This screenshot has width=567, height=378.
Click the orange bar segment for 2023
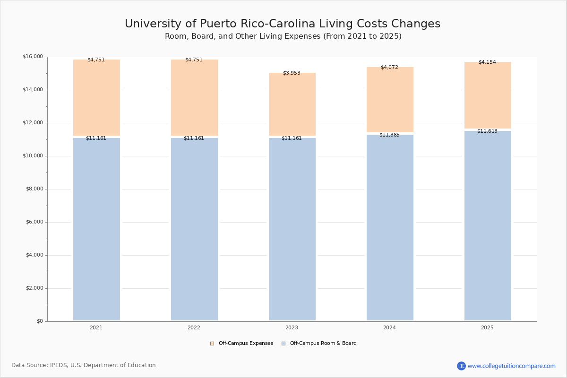coord(292,104)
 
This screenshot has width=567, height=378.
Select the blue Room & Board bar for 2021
coord(96,229)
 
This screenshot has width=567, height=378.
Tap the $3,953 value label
coord(292,73)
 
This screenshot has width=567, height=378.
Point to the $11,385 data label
coord(389,135)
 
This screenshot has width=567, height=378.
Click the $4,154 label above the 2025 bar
coord(487,62)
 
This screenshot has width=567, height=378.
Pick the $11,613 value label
coord(487,131)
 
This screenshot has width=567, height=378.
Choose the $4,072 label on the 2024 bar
coord(389,68)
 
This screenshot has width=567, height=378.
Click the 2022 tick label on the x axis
coord(194,327)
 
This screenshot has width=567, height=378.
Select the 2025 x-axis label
coord(487,327)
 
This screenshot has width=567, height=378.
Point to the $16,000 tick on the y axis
coord(33,56)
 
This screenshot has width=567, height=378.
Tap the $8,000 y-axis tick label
coord(34,189)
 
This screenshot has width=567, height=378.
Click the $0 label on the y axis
coord(40,321)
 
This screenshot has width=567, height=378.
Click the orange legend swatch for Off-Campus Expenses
coord(212,344)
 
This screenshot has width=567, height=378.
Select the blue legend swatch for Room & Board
coord(283,344)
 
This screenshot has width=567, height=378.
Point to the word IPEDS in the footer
coord(59,365)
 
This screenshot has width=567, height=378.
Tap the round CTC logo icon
coord(461,366)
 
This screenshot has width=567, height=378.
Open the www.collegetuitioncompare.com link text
coord(511,366)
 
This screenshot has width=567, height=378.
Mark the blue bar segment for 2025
coord(488,225)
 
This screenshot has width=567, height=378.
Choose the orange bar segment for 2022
coord(194,97)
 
